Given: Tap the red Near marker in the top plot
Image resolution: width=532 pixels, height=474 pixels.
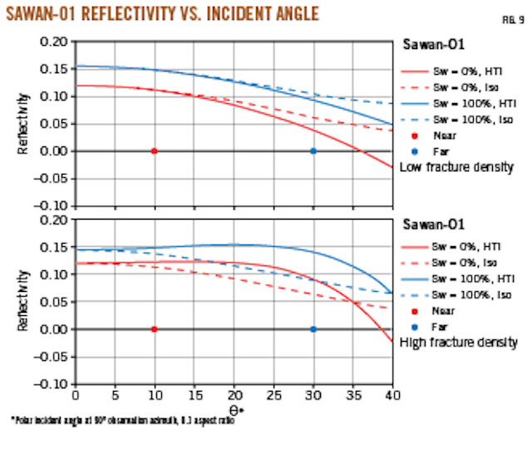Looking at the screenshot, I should [155, 151].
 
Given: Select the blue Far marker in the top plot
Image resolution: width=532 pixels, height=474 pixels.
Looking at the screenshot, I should [313, 151].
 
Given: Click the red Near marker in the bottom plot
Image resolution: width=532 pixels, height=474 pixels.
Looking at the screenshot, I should [155, 329].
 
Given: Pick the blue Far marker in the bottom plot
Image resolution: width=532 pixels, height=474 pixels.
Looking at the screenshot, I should [313, 329].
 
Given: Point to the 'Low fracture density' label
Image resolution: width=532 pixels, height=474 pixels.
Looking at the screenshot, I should [456, 167].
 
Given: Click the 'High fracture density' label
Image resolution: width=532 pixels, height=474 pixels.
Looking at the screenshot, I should [458, 342].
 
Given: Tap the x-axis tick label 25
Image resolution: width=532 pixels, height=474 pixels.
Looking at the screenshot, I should [273, 395].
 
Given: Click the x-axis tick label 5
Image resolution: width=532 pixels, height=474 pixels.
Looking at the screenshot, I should [115, 395].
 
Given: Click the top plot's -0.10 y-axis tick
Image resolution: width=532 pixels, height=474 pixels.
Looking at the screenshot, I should [54, 205].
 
